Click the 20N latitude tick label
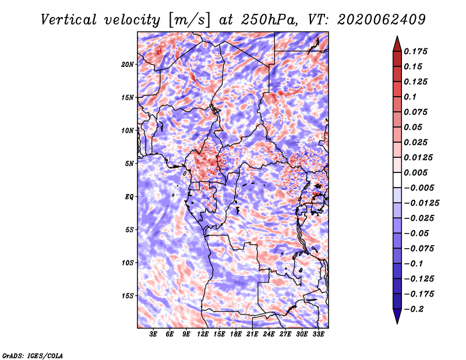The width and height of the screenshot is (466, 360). (128, 65)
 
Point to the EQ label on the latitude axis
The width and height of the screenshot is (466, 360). (129, 197)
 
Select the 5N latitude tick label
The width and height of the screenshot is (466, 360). (129, 164)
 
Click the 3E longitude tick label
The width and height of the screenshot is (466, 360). (153, 334)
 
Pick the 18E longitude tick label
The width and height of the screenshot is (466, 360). (235, 334)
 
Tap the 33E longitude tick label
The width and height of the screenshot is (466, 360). (318, 334)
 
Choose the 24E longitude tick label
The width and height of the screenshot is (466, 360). (269, 334)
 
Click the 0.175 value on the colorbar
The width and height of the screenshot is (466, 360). (415, 51)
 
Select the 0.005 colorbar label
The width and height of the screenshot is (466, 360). (415, 172)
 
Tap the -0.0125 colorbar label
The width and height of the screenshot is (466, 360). (421, 203)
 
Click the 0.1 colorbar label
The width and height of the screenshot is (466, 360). (410, 97)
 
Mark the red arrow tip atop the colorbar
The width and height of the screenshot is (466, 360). (397, 36)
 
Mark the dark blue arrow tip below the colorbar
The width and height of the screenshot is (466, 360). (397, 323)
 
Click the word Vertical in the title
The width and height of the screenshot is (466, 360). (69, 20)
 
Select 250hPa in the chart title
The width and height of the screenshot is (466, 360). (269, 20)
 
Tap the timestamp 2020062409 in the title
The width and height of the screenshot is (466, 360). (382, 20)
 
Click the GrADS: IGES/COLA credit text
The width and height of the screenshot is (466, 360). (33, 356)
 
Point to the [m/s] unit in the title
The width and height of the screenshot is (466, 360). (190, 20)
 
